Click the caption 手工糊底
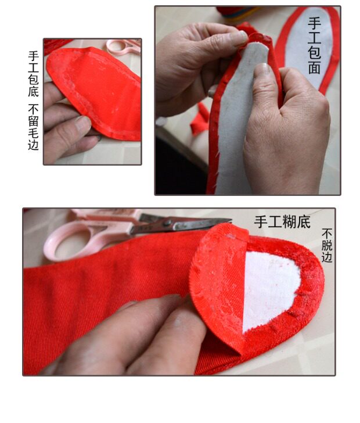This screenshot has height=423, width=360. pos(282,222)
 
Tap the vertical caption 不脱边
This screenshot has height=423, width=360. pos(327,245)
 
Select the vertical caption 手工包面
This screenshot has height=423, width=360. pos(315,45)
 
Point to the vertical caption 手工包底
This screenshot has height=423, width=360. pos(34,74)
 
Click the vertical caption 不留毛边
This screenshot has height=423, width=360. pos(34,127)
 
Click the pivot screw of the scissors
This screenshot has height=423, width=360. pos(167,223)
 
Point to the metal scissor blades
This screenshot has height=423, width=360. pos(183,223)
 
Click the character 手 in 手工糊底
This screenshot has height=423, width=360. pos(261,222)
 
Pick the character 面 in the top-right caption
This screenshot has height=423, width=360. pos(315,68)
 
